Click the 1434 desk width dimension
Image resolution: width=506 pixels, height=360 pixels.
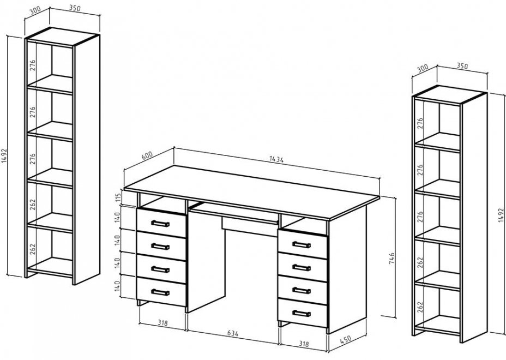click(x=276, y=159)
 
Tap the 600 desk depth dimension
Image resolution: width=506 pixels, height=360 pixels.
click(x=147, y=155)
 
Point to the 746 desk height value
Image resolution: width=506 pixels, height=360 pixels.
click(x=391, y=259)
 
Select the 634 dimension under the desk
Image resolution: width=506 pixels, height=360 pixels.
click(x=233, y=333)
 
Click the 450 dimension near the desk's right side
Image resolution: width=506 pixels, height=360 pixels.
click(x=346, y=340)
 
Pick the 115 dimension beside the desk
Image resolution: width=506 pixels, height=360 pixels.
click(x=118, y=197)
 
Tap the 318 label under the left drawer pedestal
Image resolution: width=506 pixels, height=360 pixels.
click(x=162, y=323)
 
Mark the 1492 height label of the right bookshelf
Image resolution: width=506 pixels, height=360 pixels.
click(x=501, y=215)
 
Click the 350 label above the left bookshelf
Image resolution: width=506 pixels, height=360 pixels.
click(x=75, y=8)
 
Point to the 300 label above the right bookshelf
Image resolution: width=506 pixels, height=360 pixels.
click(x=423, y=68)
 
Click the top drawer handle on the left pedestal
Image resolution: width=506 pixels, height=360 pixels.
click(x=160, y=223)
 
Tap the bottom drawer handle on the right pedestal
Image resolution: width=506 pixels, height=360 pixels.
click(x=302, y=313)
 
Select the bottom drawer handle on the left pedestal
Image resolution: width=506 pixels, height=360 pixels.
click(x=160, y=292)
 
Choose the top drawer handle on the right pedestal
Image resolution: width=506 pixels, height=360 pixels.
click(x=302, y=244)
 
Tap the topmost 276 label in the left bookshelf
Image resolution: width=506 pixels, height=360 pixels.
click(x=33, y=65)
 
